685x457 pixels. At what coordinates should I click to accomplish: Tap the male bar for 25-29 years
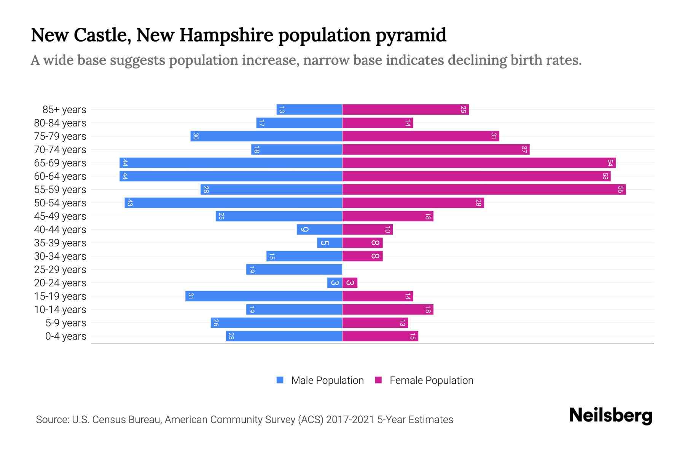[294, 269]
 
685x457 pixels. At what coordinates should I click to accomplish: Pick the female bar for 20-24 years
[350, 283]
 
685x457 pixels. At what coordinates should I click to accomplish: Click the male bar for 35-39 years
[330, 243]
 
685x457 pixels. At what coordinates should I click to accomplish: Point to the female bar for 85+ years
[405, 109]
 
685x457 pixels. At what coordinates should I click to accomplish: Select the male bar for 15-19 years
[263, 296]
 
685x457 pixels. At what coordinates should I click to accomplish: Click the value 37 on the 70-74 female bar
[524, 149]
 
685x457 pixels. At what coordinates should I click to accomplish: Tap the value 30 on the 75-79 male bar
[196, 136]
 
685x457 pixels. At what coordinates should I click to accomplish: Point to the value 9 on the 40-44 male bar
[304, 229]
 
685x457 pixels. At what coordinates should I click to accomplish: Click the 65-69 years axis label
[60, 163]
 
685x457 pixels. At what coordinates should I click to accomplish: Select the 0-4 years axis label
[65, 336]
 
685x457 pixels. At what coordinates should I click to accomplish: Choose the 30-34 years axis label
[60, 256]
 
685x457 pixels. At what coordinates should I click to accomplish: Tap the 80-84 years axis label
[60, 123]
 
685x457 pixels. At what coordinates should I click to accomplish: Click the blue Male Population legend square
[280, 380]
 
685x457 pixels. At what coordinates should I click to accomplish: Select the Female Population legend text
[431, 380]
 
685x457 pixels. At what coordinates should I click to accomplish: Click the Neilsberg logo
[610, 415]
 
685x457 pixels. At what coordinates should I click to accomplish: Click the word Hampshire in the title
[226, 35]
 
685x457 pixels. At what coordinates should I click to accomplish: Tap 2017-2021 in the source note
[350, 420]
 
